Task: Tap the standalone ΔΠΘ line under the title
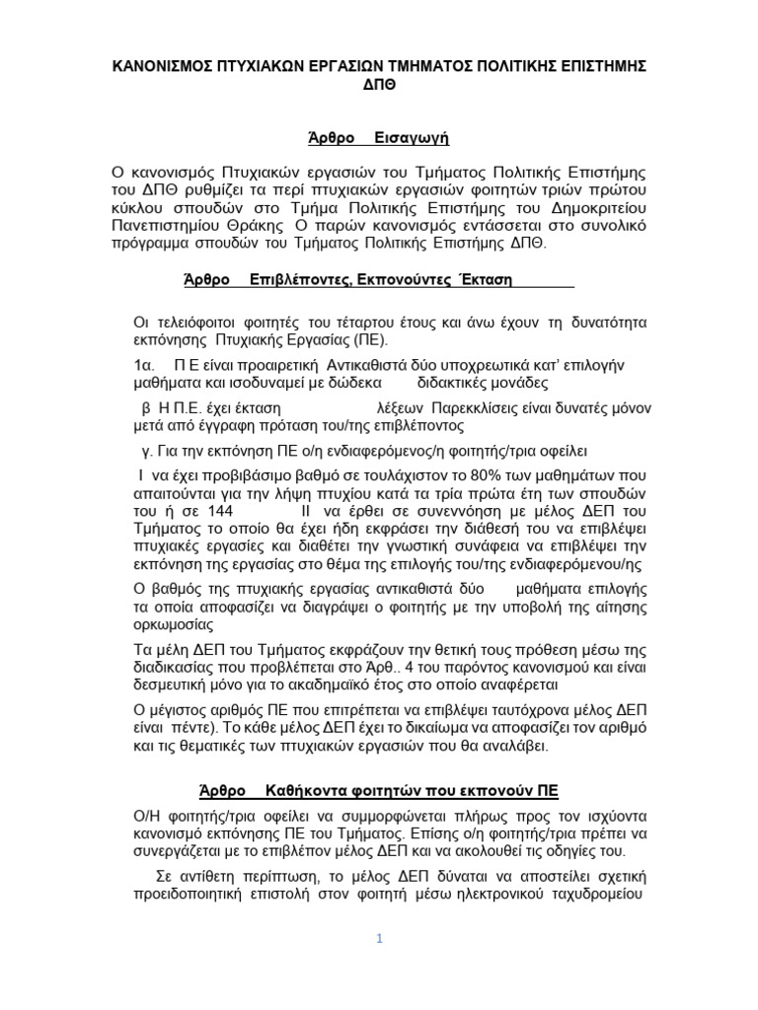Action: (378, 86)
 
